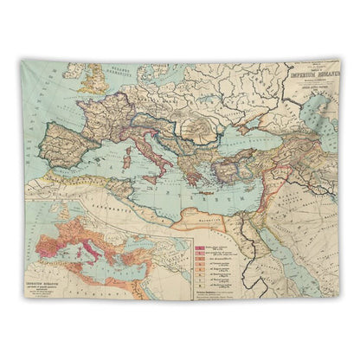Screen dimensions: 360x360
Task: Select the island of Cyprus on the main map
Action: tap(238, 186)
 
